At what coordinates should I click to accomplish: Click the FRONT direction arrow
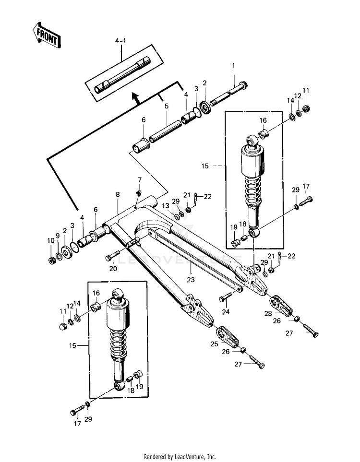pos(46,35)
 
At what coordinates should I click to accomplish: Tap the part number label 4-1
pos(120,41)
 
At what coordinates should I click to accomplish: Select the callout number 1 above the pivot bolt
pos(233,65)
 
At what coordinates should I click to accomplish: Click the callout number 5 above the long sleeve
pos(167,106)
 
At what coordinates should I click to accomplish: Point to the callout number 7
pos(140,179)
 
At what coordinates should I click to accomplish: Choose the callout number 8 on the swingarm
pos(118,194)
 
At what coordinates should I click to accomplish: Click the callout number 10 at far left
pos(51,240)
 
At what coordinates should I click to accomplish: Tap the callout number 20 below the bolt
pos(113,268)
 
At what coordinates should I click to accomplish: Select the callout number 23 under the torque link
pos(191,279)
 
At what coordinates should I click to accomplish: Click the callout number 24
pos(226,312)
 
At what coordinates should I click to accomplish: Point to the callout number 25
pos(215,344)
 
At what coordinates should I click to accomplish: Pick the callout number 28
pos(268,313)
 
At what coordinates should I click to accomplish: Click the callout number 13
pos(166,205)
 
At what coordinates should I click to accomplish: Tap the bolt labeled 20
pos(113,255)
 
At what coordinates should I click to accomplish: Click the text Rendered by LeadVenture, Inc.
pos(180,457)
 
